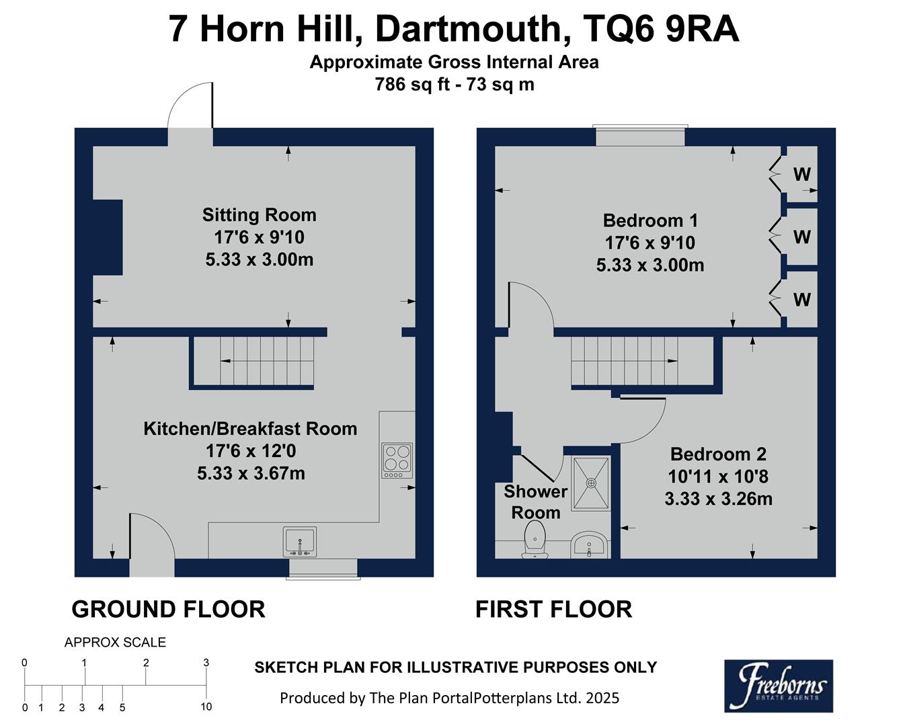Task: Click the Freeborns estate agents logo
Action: click(x=778, y=685)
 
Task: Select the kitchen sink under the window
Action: click(x=299, y=542)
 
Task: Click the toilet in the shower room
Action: click(x=535, y=542)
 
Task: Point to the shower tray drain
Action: click(x=591, y=483)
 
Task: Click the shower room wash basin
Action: click(x=590, y=544)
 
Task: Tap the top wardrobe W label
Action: click(x=801, y=175)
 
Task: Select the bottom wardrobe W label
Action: click(x=801, y=300)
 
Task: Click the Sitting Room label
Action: click(x=259, y=215)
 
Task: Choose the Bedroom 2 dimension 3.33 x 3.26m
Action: click(x=718, y=499)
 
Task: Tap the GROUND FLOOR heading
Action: click(x=168, y=609)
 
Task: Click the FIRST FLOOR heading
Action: click(x=553, y=609)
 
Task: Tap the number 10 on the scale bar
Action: click(x=206, y=707)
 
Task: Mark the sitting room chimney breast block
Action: click(x=107, y=237)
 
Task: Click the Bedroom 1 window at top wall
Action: click(x=640, y=136)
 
